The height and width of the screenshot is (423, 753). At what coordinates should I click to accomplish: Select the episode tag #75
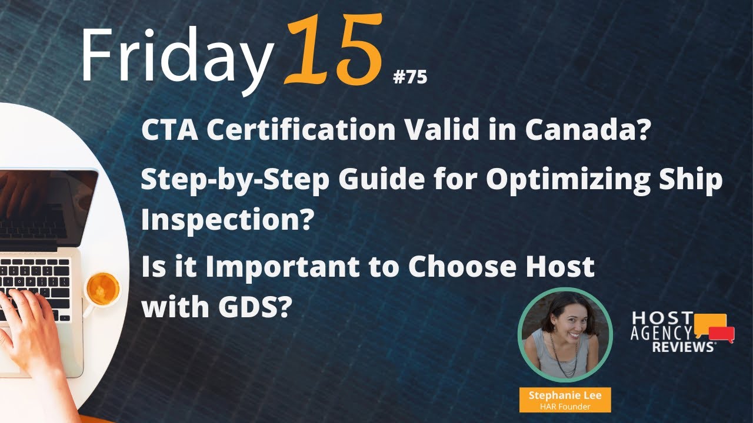409,78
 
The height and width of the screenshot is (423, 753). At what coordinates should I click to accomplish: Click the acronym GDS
246,307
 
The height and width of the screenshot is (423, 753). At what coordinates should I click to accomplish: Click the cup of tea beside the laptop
104,289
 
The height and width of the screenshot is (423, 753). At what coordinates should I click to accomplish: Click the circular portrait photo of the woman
565,335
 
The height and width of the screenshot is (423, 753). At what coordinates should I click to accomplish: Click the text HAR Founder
565,406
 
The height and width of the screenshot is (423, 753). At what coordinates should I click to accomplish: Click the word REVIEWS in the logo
682,347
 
